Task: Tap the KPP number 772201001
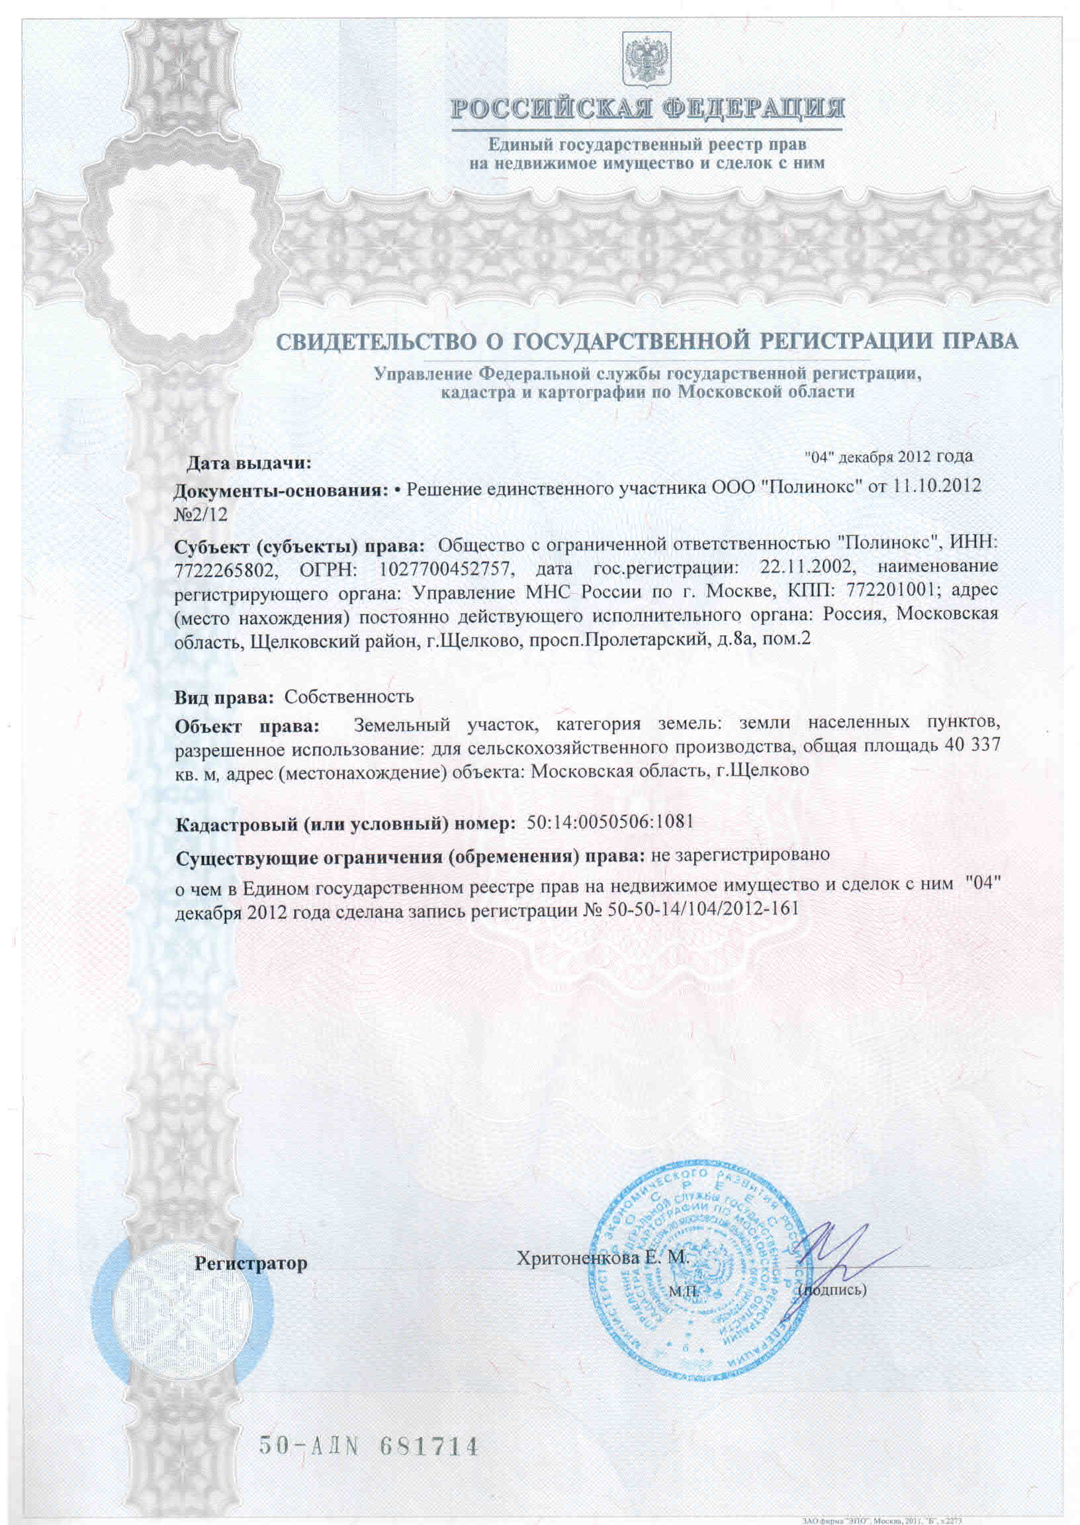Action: [x=892, y=590]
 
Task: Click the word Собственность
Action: [x=349, y=696]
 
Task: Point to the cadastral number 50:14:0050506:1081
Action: [x=609, y=822]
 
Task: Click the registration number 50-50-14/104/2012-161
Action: [x=703, y=909]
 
